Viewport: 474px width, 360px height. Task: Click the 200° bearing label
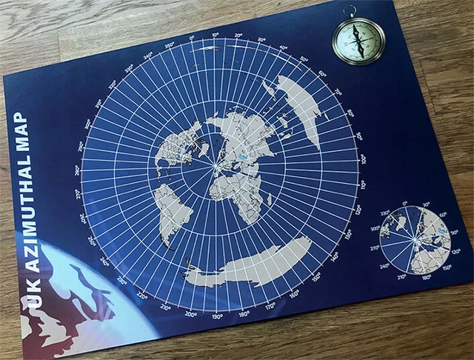pyautogui.click(x=191, y=315)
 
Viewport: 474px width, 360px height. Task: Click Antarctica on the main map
pyautogui.click(x=252, y=263)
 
